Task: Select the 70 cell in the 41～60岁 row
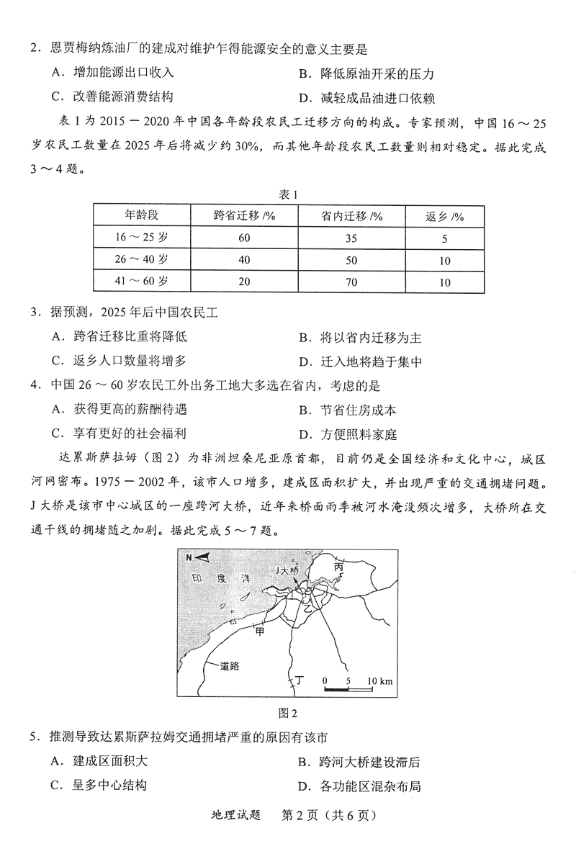[x=351, y=282]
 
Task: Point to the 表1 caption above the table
[x=288, y=194]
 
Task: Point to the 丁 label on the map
[x=300, y=679]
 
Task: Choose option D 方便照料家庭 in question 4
[x=353, y=435]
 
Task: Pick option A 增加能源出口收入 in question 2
[x=115, y=73]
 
